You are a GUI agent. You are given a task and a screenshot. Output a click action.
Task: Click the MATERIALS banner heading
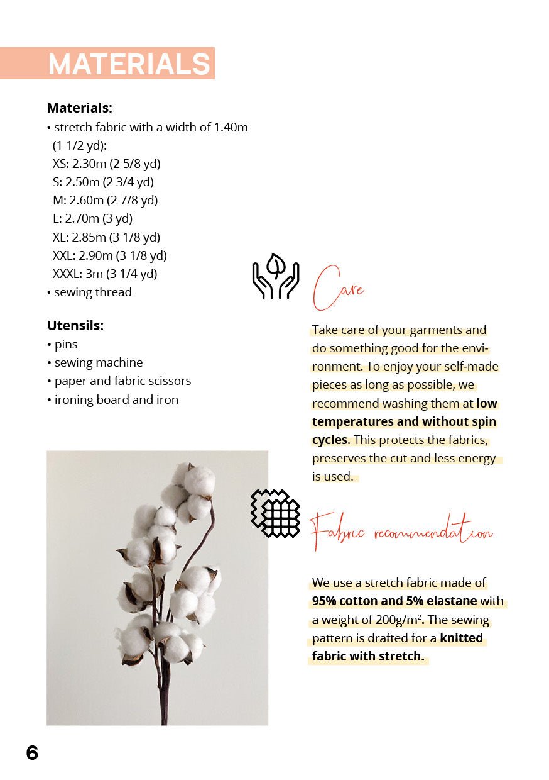pyautogui.click(x=129, y=64)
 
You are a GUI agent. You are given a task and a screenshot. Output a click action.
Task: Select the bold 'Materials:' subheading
pyautogui.click(x=79, y=108)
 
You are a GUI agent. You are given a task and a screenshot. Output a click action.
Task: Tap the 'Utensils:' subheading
pyautogui.click(x=75, y=326)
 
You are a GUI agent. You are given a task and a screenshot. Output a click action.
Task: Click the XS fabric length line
pyautogui.click(x=106, y=164)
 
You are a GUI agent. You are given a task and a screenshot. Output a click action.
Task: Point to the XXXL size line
pyautogui.click(x=104, y=274)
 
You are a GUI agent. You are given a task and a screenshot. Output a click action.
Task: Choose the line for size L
pyautogui.click(x=92, y=219)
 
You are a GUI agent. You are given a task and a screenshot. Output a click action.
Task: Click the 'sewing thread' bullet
pyautogui.click(x=92, y=292)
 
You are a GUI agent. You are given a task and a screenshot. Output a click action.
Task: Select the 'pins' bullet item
pyautogui.click(x=65, y=345)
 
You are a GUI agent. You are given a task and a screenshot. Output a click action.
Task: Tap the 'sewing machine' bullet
pyautogui.click(x=98, y=363)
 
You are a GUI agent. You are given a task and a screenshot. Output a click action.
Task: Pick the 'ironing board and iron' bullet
pyautogui.click(x=116, y=400)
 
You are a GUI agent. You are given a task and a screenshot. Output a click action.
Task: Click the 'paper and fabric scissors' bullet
pyautogui.click(x=122, y=381)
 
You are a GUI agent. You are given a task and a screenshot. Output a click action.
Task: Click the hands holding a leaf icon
pyautogui.click(x=275, y=277)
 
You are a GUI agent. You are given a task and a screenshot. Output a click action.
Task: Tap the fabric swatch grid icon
pyautogui.click(x=275, y=513)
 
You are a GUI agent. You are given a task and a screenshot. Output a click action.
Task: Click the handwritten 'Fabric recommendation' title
pyautogui.click(x=402, y=532)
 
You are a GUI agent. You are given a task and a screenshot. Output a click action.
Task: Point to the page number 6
pyautogui.click(x=32, y=753)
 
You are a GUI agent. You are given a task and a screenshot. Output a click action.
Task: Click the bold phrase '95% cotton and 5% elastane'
pyautogui.click(x=394, y=601)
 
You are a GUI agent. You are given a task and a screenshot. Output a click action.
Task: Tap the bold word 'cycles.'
pyautogui.click(x=331, y=440)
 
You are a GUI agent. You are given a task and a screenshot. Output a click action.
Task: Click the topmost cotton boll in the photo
pyautogui.click(x=198, y=479)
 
